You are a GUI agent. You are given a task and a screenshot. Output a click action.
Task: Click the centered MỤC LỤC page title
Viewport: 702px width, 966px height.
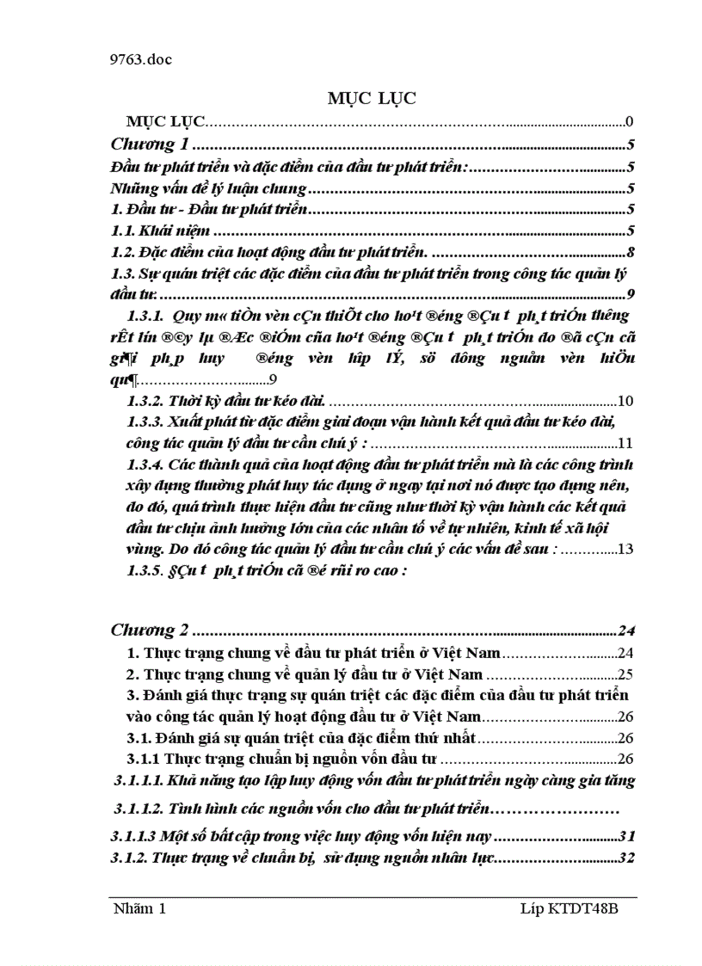pos(371,99)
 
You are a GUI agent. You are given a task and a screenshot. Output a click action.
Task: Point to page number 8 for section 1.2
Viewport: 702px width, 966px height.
pos(631,252)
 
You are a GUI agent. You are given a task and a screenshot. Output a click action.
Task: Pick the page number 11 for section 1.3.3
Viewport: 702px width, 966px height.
pos(625,444)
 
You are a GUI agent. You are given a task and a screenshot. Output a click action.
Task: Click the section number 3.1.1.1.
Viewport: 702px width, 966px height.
pos(137,781)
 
